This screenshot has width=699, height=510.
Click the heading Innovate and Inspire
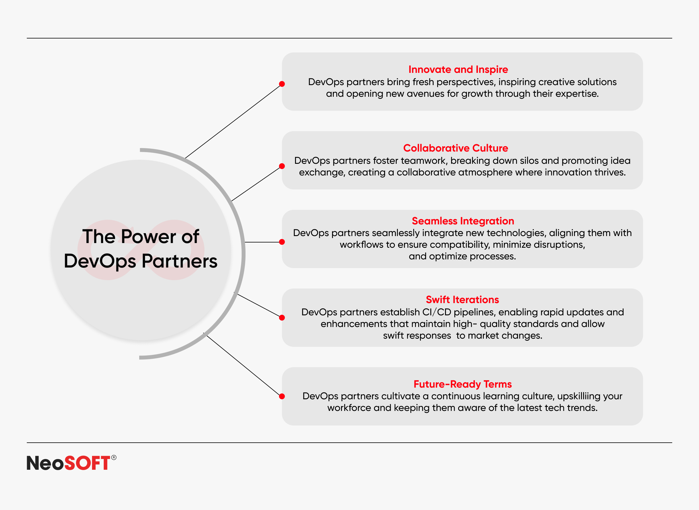(x=458, y=70)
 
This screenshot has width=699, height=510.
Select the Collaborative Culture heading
(x=456, y=148)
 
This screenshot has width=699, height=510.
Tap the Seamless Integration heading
(x=463, y=221)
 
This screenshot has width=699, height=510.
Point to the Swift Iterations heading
(x=463, y=300)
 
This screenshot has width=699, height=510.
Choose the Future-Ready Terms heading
(x=463, y=384)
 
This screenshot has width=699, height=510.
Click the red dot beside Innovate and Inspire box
(x=282, y=84)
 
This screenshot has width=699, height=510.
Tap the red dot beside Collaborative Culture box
(x=282, y=166)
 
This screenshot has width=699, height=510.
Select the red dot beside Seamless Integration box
(x=282, y=242)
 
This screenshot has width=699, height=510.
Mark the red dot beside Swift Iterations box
(x=282, y=318)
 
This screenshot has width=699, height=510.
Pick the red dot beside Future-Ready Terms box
(x=282, y=396)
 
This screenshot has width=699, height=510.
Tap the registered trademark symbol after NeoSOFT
(x=114, y=458)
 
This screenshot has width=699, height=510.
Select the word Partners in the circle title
(x=179, y=261)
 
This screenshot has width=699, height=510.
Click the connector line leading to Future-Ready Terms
(x=243, y=365)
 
